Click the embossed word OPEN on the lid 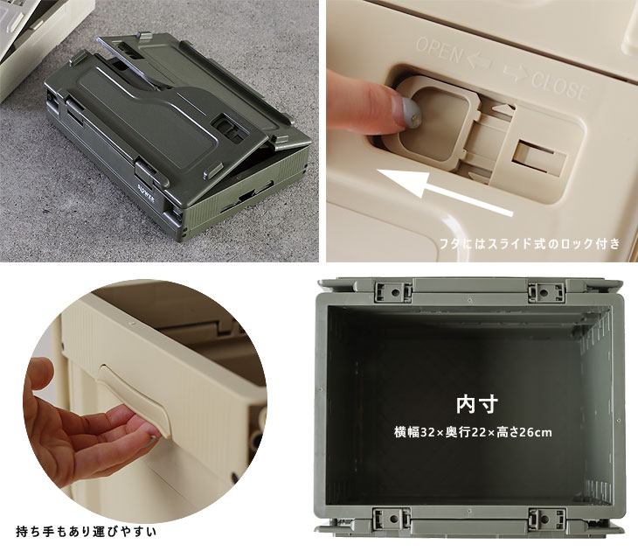click(440, 51)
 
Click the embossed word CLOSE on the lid click(560, 86)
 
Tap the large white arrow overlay click(444, 192)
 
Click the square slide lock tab click(432, 122)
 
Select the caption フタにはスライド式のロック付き click(530, 243)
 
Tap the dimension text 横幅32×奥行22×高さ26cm click(473, 432)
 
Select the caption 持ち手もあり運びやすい click(86, 532)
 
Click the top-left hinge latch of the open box click(393, 291)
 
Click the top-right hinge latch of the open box click(546, 291)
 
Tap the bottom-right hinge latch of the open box click(546, 519)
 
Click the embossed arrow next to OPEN click(479, 62)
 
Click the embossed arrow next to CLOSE click(517, 73)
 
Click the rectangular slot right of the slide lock click(540, 157)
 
